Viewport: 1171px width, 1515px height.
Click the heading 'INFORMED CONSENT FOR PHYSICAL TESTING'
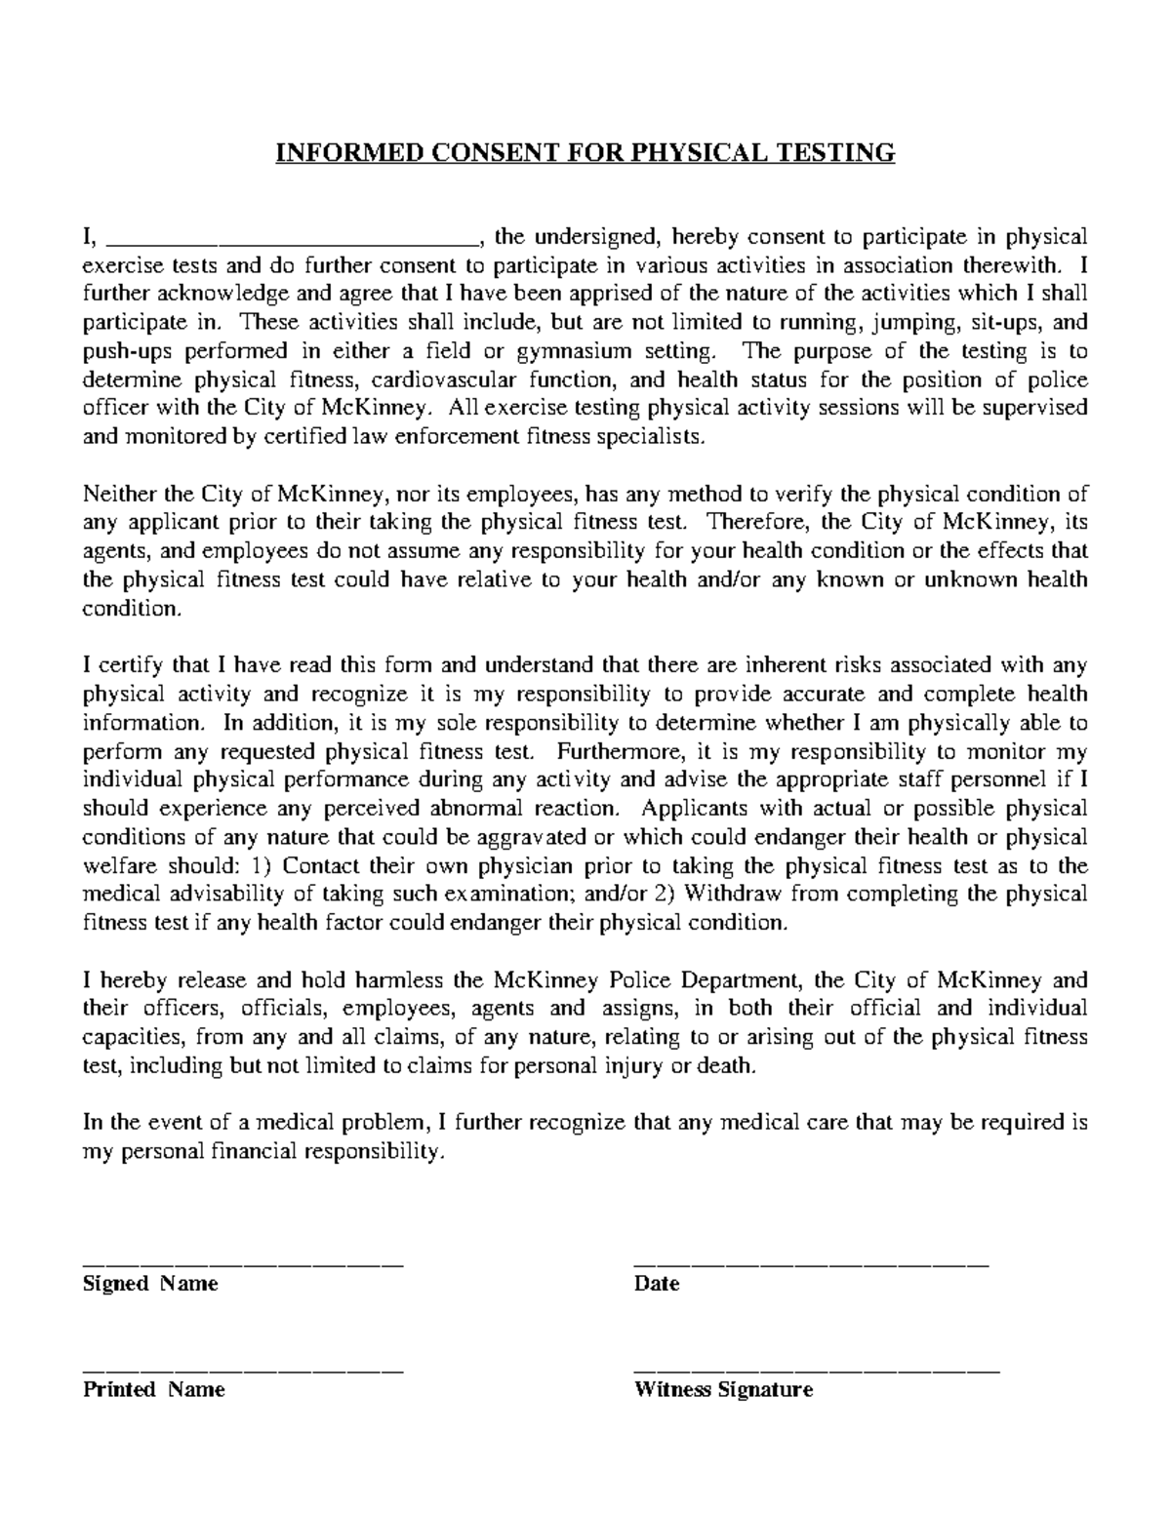point(585,153)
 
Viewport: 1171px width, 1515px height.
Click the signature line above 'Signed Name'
point(243,1264)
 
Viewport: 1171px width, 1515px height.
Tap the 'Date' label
point(656,1285)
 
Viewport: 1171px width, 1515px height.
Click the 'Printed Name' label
point(154,1390)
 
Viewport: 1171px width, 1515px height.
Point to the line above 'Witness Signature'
point(817,1372)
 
